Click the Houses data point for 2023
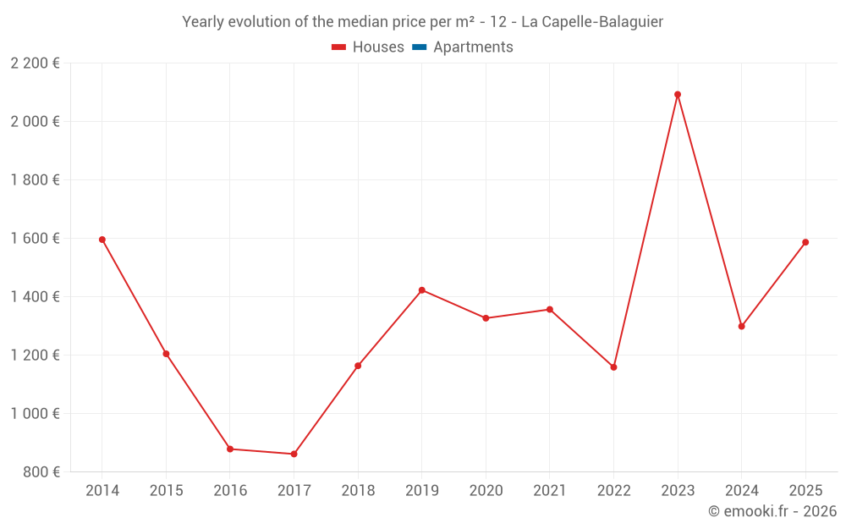(x=678, y=95)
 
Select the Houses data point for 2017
(x=294, y=455)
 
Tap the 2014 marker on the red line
(x=102, y=240)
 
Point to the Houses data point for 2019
(x=422, y=290)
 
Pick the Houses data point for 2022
(x=613, y=367)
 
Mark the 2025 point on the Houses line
(x=805, y=242)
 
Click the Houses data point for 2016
(x=230, y=449)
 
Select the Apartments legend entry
(x=472, y=47)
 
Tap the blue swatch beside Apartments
(x=419, y=47)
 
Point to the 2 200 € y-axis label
(x=35, y=63)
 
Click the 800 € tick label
(x=40, y=472)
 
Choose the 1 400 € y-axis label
(x=35, y=297)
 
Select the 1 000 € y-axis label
(x=35, y=414)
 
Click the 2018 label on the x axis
(x=358, y=491)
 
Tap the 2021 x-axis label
(x=550, y=491)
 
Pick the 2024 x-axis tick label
(x=741, y=491)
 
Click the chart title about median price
(x=422, y=21)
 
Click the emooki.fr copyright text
(x=772, y=511)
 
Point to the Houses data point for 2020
(x=486, y=318)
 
